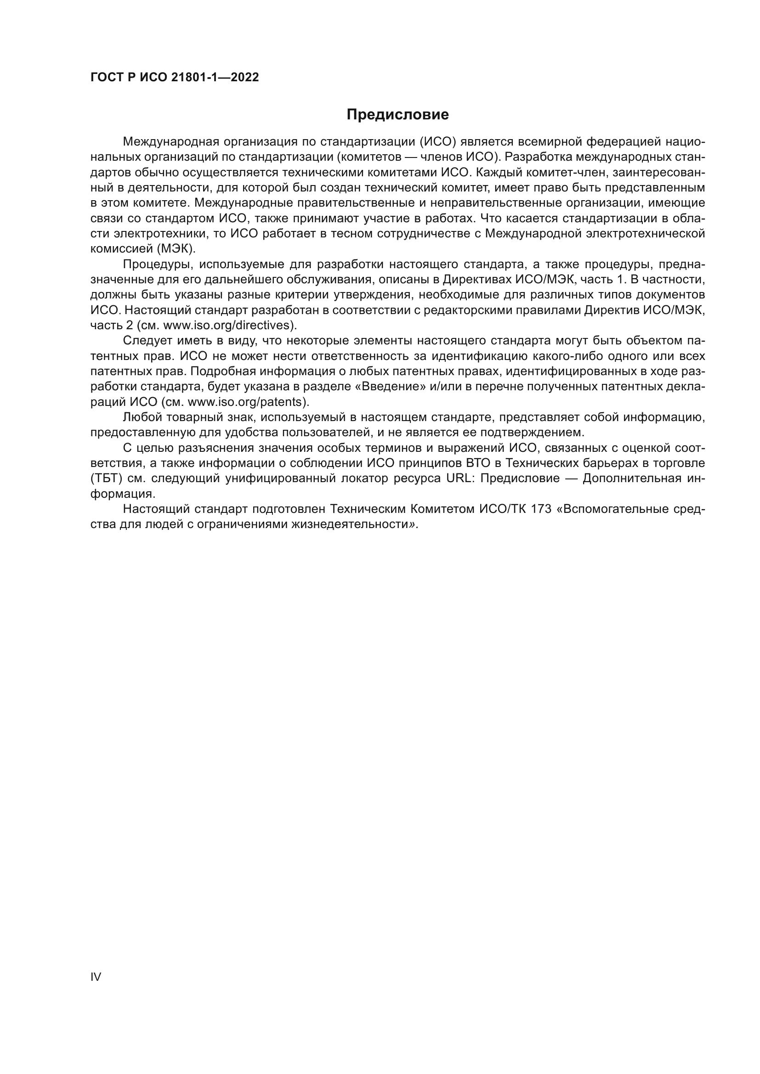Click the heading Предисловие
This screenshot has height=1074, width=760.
(x=397, y=115)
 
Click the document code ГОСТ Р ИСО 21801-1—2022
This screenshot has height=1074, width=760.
(x=175, y=78)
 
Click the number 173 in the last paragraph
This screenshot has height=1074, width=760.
(x=541, y=509)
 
